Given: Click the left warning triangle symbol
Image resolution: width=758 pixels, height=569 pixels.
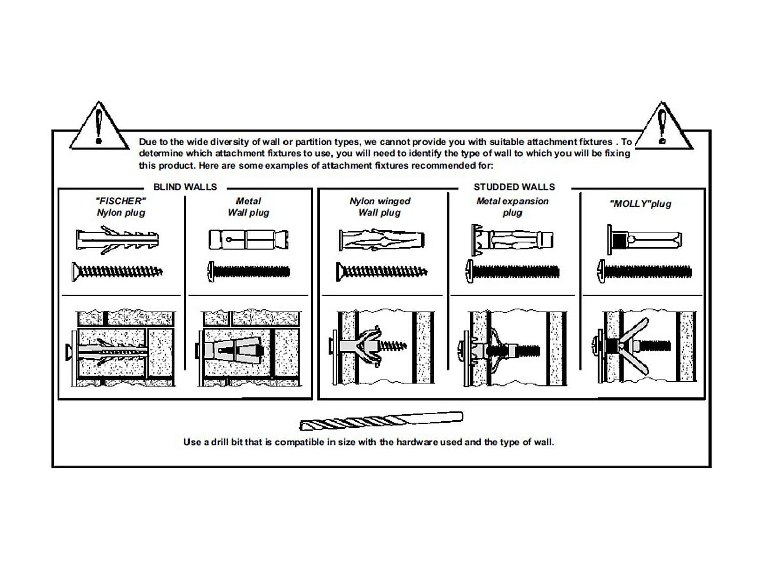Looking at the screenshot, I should tap(99, 127).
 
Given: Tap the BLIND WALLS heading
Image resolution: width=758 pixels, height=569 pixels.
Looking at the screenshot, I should tap(185, 187).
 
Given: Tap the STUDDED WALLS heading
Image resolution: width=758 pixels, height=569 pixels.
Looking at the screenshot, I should tap(514, 187).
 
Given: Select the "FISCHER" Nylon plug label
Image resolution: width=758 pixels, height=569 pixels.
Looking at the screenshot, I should tap(121, 207).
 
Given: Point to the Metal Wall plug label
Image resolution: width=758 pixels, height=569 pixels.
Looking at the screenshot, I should tap(248, 207).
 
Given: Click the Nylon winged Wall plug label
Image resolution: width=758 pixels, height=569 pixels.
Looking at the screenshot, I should tap(380, 207).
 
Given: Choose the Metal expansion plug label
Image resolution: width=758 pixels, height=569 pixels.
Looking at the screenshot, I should tap(512, 207).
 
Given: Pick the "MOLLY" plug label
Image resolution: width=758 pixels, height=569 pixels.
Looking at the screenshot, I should tap(640, 204).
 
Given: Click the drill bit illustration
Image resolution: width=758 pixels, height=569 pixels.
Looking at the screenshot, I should tap(381, 421).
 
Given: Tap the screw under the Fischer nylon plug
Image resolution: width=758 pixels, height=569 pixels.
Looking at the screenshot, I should tap(117, 272).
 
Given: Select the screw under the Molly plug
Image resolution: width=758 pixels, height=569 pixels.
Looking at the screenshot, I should tap(644, 272).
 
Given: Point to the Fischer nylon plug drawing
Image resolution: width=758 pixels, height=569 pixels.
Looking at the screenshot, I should tap(117, 240).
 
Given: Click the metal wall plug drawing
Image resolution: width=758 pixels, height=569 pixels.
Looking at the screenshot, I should tap(248, 239).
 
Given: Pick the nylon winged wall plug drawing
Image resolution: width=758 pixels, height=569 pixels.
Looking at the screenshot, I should tap(382, 240).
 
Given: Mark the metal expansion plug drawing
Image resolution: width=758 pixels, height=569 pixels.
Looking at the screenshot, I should tap(512, 239).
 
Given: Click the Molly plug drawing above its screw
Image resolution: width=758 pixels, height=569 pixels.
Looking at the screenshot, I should tap(644, 239).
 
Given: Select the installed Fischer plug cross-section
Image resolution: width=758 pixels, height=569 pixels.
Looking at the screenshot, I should tap(121, 349).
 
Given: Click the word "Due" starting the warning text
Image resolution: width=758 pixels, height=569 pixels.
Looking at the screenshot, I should tap(148, 142).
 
